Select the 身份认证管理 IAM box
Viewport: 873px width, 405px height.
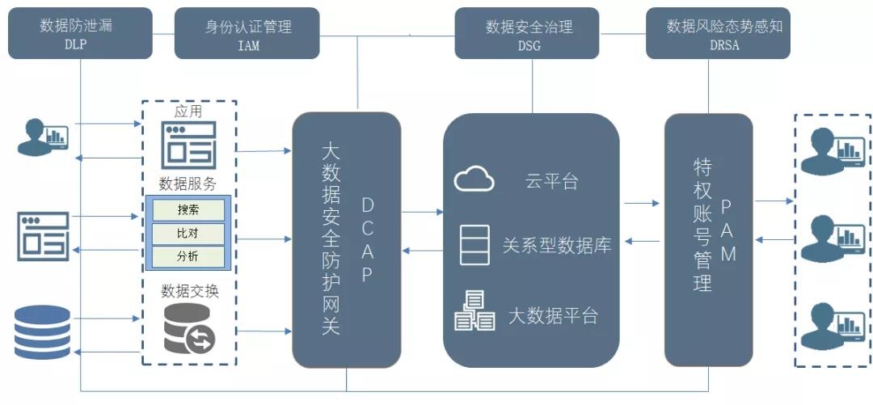click(x=248, y=35)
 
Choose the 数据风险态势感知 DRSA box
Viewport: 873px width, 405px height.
click(x=718, y=34)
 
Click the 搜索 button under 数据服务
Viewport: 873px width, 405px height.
click(x=188, y=210)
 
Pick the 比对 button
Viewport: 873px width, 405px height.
click(x=188, y=234)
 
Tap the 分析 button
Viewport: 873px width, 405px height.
click(x=188, y=257)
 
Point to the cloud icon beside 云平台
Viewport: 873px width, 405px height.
click(x=474, y=179)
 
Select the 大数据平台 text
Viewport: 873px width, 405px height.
click(x=553, y=314)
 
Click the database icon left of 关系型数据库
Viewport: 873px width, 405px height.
click(x=474, y=245)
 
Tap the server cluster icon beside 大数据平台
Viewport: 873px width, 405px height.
click(x=474, y=311)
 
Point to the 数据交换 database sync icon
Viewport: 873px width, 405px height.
click(x=189, y=329)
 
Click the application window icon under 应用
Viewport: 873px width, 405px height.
click(x=188, y=143)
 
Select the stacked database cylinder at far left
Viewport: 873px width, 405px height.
click(x=40, y=331)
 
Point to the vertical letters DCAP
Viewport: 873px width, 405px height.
click(x=367, y=238)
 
